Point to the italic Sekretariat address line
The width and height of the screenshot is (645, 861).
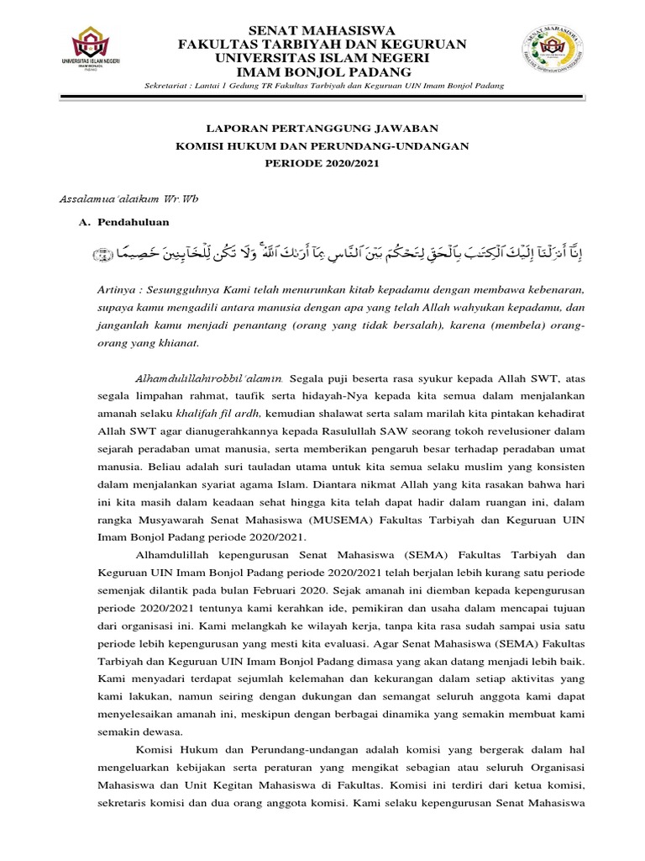[323, 88]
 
